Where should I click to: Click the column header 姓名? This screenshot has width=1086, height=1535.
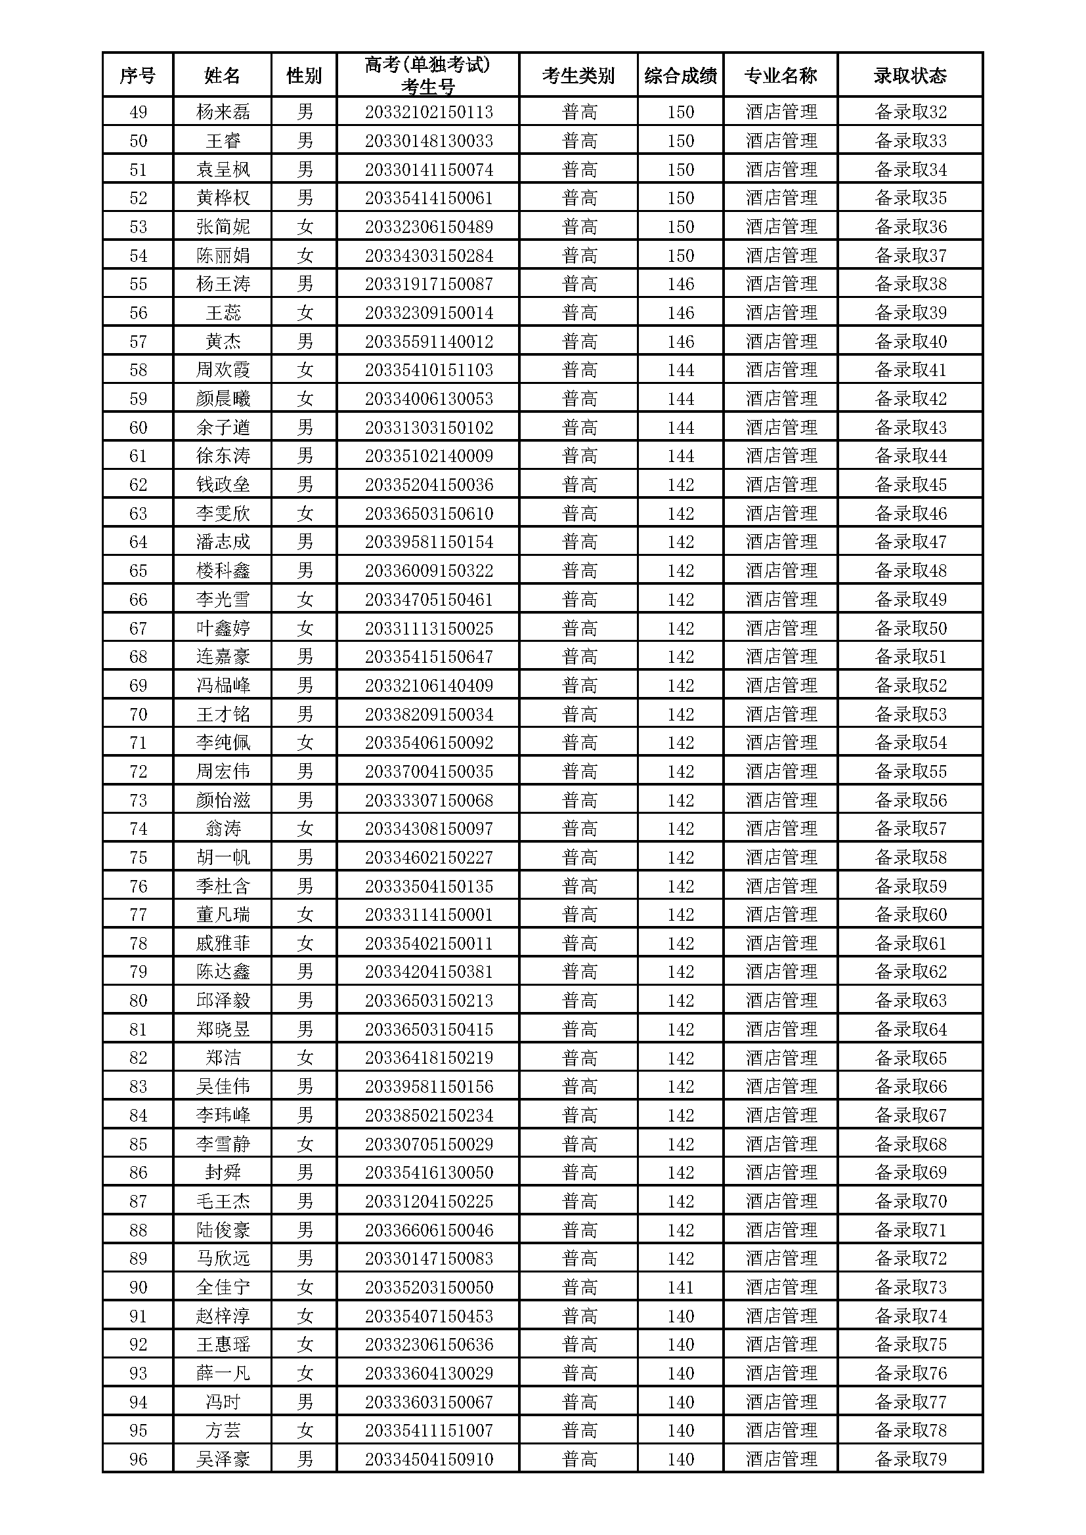222,75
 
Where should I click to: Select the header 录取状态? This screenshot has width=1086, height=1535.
910,75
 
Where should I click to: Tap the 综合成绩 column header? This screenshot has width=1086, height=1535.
680,75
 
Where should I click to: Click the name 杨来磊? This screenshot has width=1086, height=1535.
223,112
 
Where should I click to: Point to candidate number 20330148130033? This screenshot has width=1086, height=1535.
429,140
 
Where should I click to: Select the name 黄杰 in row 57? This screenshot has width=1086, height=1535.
223,342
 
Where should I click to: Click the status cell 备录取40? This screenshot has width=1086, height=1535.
911,342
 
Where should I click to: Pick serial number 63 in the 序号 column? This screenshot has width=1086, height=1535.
138,513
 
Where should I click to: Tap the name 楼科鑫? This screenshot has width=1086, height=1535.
223,571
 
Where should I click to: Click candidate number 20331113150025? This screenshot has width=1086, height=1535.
429,629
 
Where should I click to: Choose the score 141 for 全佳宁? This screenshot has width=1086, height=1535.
680,1288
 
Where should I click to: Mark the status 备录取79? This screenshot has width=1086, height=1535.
911,1460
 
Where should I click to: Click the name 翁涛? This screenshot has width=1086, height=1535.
223,829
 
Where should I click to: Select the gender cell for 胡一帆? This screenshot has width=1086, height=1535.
305,858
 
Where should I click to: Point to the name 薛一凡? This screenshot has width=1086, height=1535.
223,1373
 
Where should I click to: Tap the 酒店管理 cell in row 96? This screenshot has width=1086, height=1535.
781,1460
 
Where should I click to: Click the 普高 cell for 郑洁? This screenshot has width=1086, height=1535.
579,1059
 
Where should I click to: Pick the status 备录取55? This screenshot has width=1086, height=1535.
911,772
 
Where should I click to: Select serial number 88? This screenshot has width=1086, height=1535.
138,1230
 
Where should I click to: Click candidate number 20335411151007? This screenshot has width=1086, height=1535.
429,1431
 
